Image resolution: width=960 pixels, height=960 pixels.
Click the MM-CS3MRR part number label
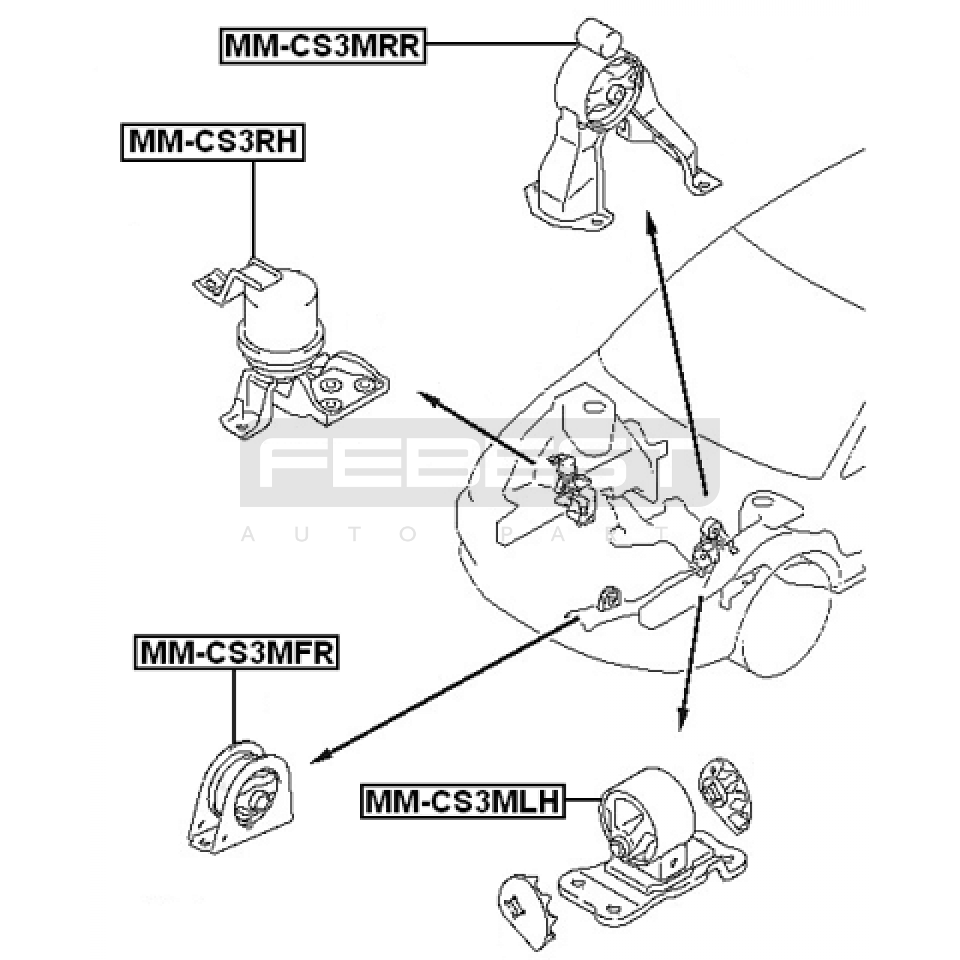coord(322,46)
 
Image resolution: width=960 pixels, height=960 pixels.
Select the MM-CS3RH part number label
coord(212,142)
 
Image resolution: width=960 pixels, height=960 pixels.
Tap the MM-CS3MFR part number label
coord(236,652)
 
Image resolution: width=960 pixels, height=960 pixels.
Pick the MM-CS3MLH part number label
coord(462,800)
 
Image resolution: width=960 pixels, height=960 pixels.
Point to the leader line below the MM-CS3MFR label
coord(233,705)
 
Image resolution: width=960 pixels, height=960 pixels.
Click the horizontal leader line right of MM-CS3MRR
coord(498,43)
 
